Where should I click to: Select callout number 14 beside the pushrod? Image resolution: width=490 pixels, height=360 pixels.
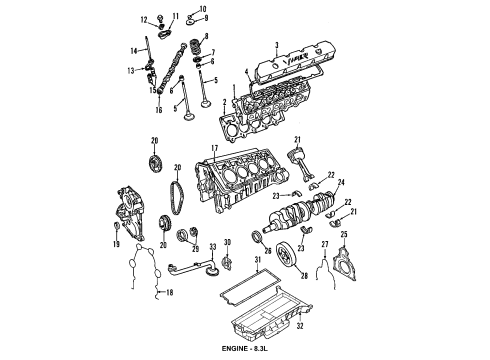(132, 50)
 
